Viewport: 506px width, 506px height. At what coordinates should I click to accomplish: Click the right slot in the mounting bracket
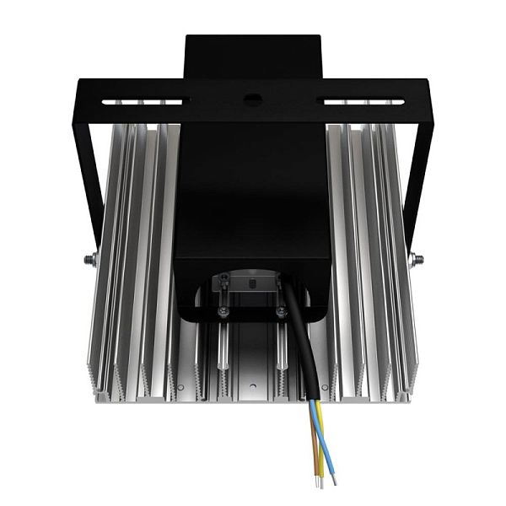tap(365, 101)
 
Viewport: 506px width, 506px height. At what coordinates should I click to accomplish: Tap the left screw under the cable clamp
tap(223, 313)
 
